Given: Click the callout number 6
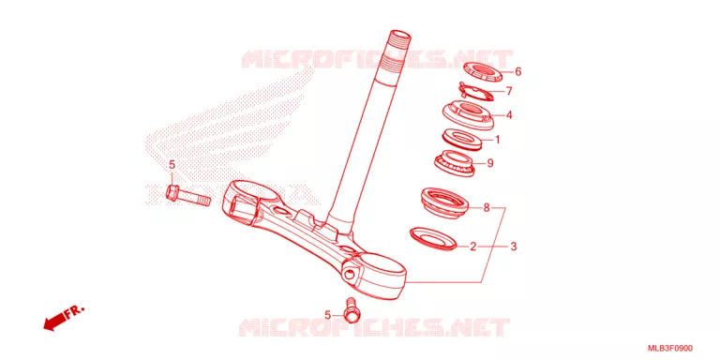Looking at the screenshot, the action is click(x=517, y=71).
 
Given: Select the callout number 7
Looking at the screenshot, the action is click(x=508, y=91).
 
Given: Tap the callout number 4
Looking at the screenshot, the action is click(x=509, y=115).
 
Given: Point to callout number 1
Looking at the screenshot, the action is click(x=497, y=139).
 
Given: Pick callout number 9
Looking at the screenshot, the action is click(x=490, y=163).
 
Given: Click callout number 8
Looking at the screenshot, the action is click(x=487, y=208).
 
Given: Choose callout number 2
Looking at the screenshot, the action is click(x=473, y=247).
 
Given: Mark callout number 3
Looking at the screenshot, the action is click(x=514, y=247).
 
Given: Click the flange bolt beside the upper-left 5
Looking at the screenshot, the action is click(x=187, y=196).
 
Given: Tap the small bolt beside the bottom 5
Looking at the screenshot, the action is click(x=352, y=310).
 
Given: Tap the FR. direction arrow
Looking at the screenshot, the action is click(x=64, y=318).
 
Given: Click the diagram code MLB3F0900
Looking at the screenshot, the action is click(x=670, y=349).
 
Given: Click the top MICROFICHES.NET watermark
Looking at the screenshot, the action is click(x=377, y=60).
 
